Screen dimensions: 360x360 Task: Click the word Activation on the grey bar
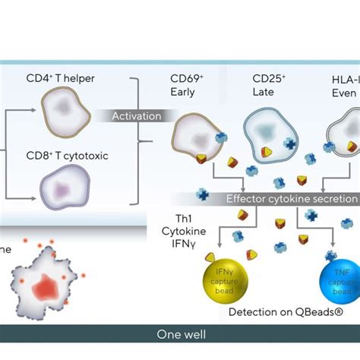[x=137, y=116]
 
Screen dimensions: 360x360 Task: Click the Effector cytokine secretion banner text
[x=291, y=199]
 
